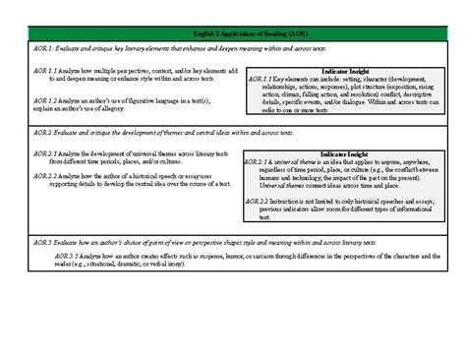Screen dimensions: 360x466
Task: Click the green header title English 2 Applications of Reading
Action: click(x=233, y=34)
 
